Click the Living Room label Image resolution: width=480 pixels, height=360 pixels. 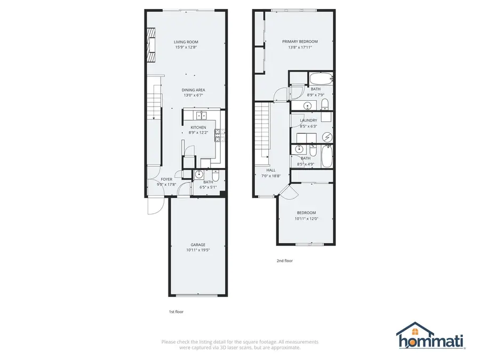pos(186,42)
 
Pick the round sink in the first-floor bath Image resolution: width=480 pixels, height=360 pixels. pos(199,174)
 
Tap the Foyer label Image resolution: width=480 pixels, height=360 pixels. pos(166,180)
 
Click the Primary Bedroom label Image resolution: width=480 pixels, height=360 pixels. pos(300,42)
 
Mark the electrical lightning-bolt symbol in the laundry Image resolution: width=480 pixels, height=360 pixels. pos(327,137)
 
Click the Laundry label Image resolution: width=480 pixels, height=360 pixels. pos(308,121)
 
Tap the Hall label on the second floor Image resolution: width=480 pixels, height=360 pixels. pos(270,170)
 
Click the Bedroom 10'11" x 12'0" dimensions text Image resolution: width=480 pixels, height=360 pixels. pos(306,218)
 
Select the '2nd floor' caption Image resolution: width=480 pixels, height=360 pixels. pos(284,261)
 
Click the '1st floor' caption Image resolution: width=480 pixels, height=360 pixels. pos(176,312)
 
